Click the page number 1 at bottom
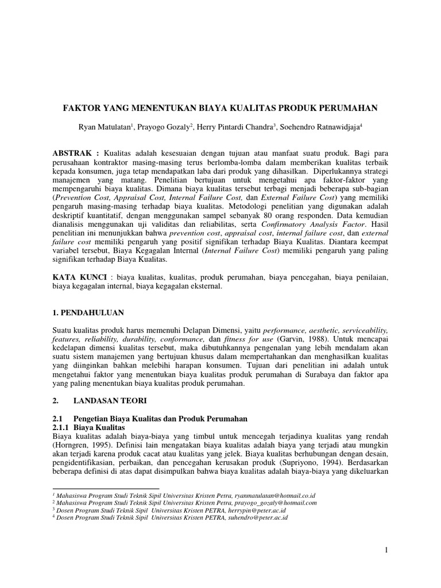(386, 551)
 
